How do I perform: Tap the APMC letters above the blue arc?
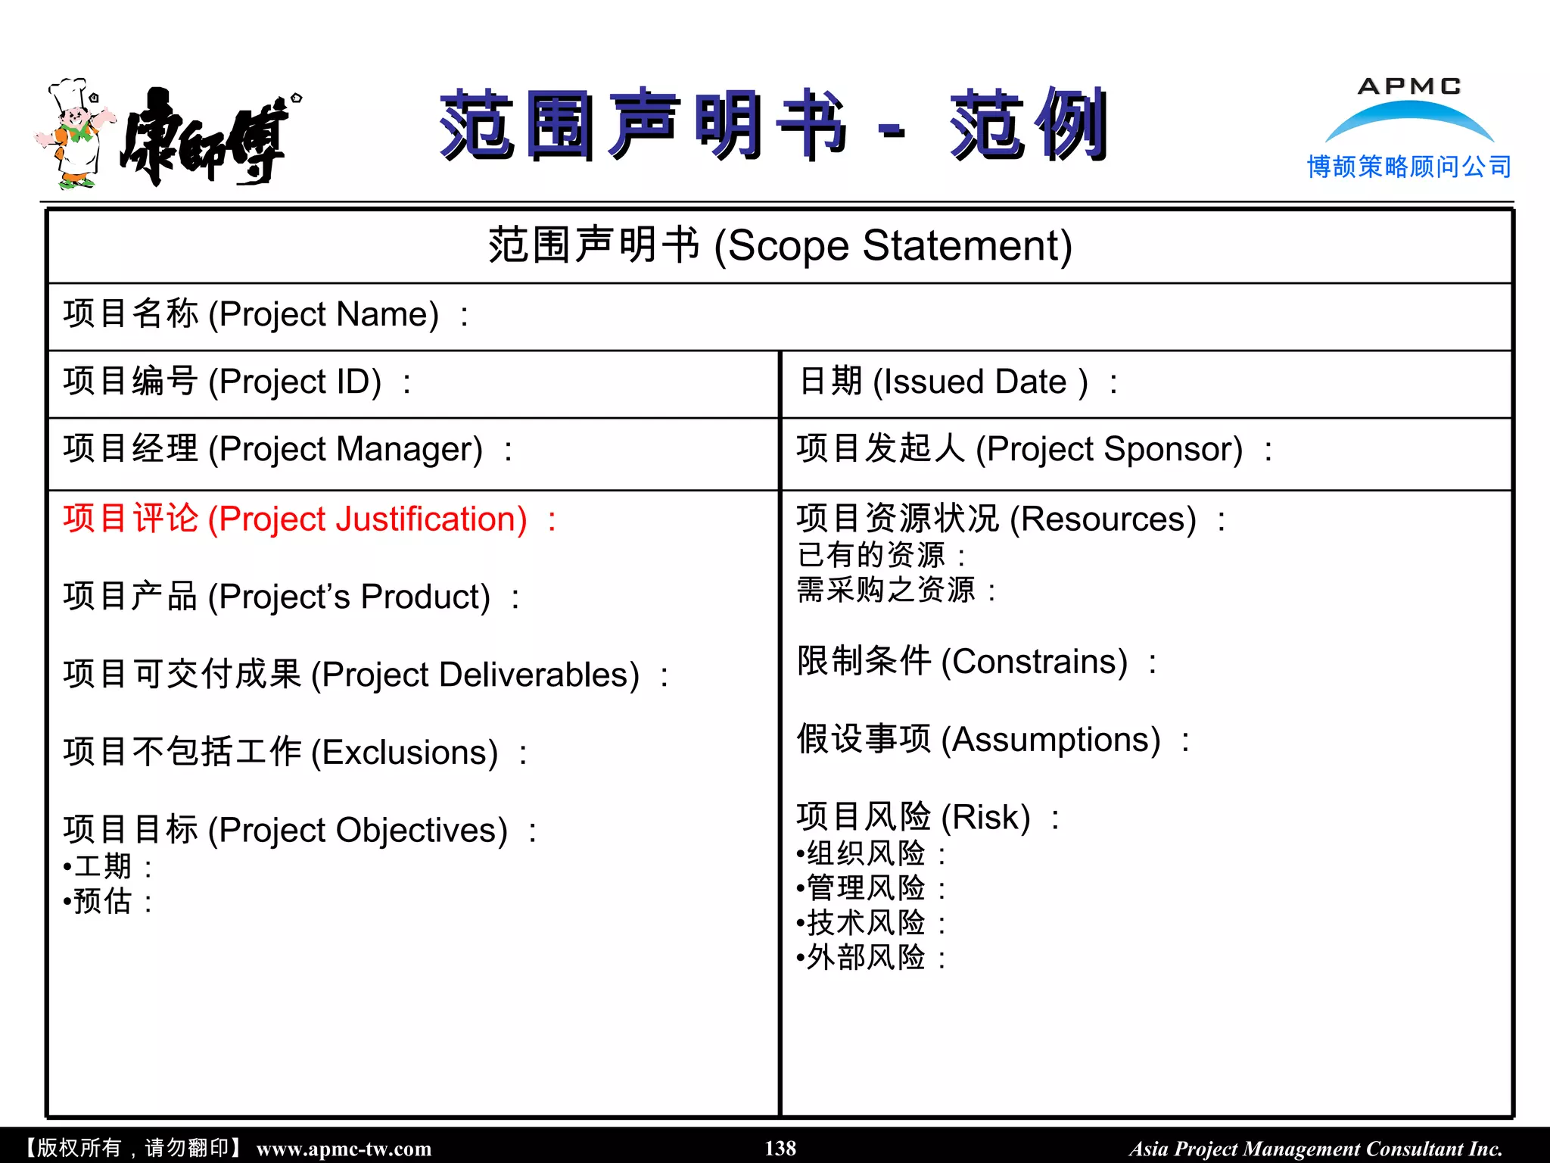(x=1409, y=86)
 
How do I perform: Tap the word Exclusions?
(x=409, y=753)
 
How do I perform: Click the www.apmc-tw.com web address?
(x=344, y=1149)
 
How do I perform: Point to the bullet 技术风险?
(x=866, y=923)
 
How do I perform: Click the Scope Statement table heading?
(x=780, y=246)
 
